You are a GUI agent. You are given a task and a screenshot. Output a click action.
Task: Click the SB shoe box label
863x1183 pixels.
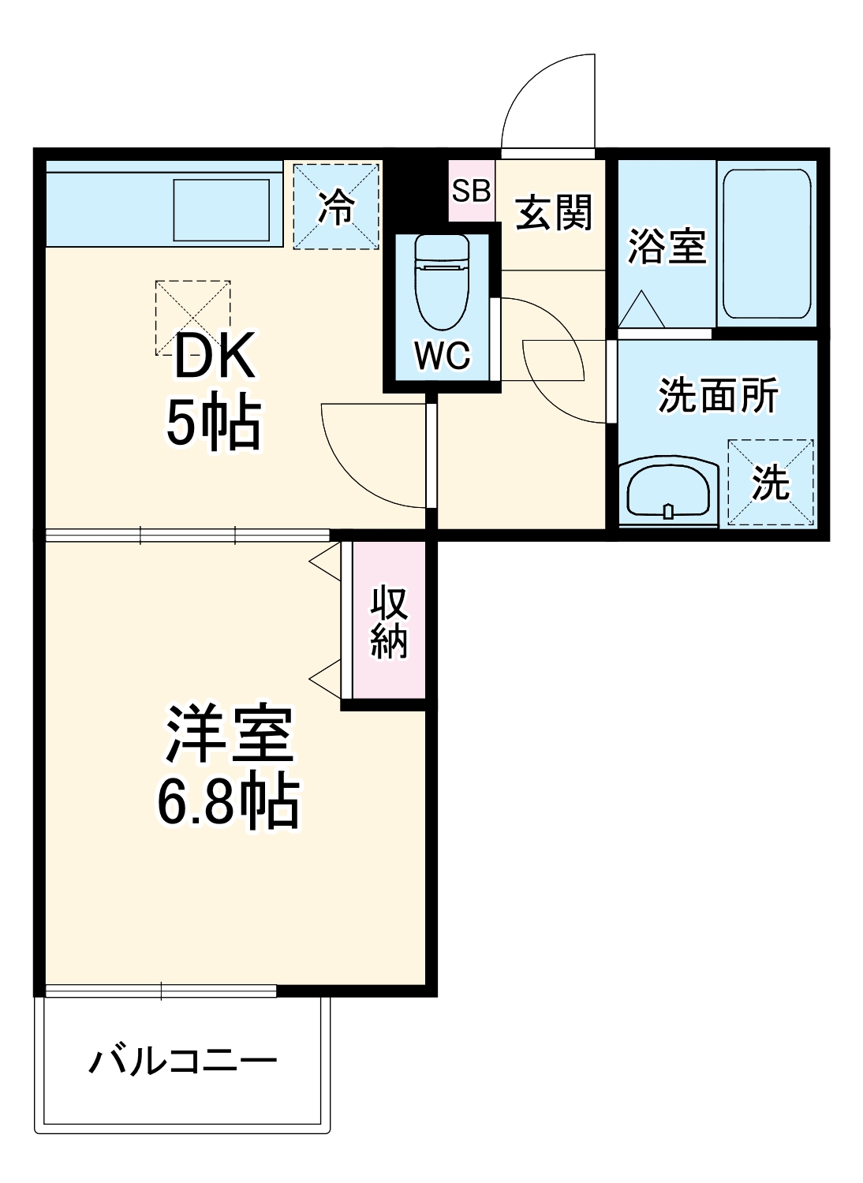pos(471,191)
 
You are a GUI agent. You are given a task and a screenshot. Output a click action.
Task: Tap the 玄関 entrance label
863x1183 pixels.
pos(553,212)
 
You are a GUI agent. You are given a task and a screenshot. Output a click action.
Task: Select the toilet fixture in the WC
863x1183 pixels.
pos(442,282)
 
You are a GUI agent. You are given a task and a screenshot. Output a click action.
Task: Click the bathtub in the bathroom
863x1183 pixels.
pos(766,244)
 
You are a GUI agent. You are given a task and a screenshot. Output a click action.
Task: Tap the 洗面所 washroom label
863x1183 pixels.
pos(718,395)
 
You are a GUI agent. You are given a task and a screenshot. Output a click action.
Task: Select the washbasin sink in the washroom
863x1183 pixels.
pos(668,492)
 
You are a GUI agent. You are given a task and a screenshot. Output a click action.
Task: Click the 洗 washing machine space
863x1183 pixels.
pos(770,483)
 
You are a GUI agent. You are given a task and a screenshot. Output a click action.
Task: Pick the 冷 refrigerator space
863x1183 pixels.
pos(336,207)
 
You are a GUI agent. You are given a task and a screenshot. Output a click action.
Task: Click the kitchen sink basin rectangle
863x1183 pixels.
pos(222,211)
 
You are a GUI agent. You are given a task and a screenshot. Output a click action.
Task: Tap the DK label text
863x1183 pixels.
pos(215,355)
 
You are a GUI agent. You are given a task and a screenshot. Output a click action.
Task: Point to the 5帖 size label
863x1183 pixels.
pos(213,425)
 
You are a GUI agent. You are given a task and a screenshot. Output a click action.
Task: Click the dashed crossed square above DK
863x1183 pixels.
pos(192,318)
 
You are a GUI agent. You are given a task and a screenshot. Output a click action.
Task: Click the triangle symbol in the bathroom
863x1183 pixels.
pos(641,309)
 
